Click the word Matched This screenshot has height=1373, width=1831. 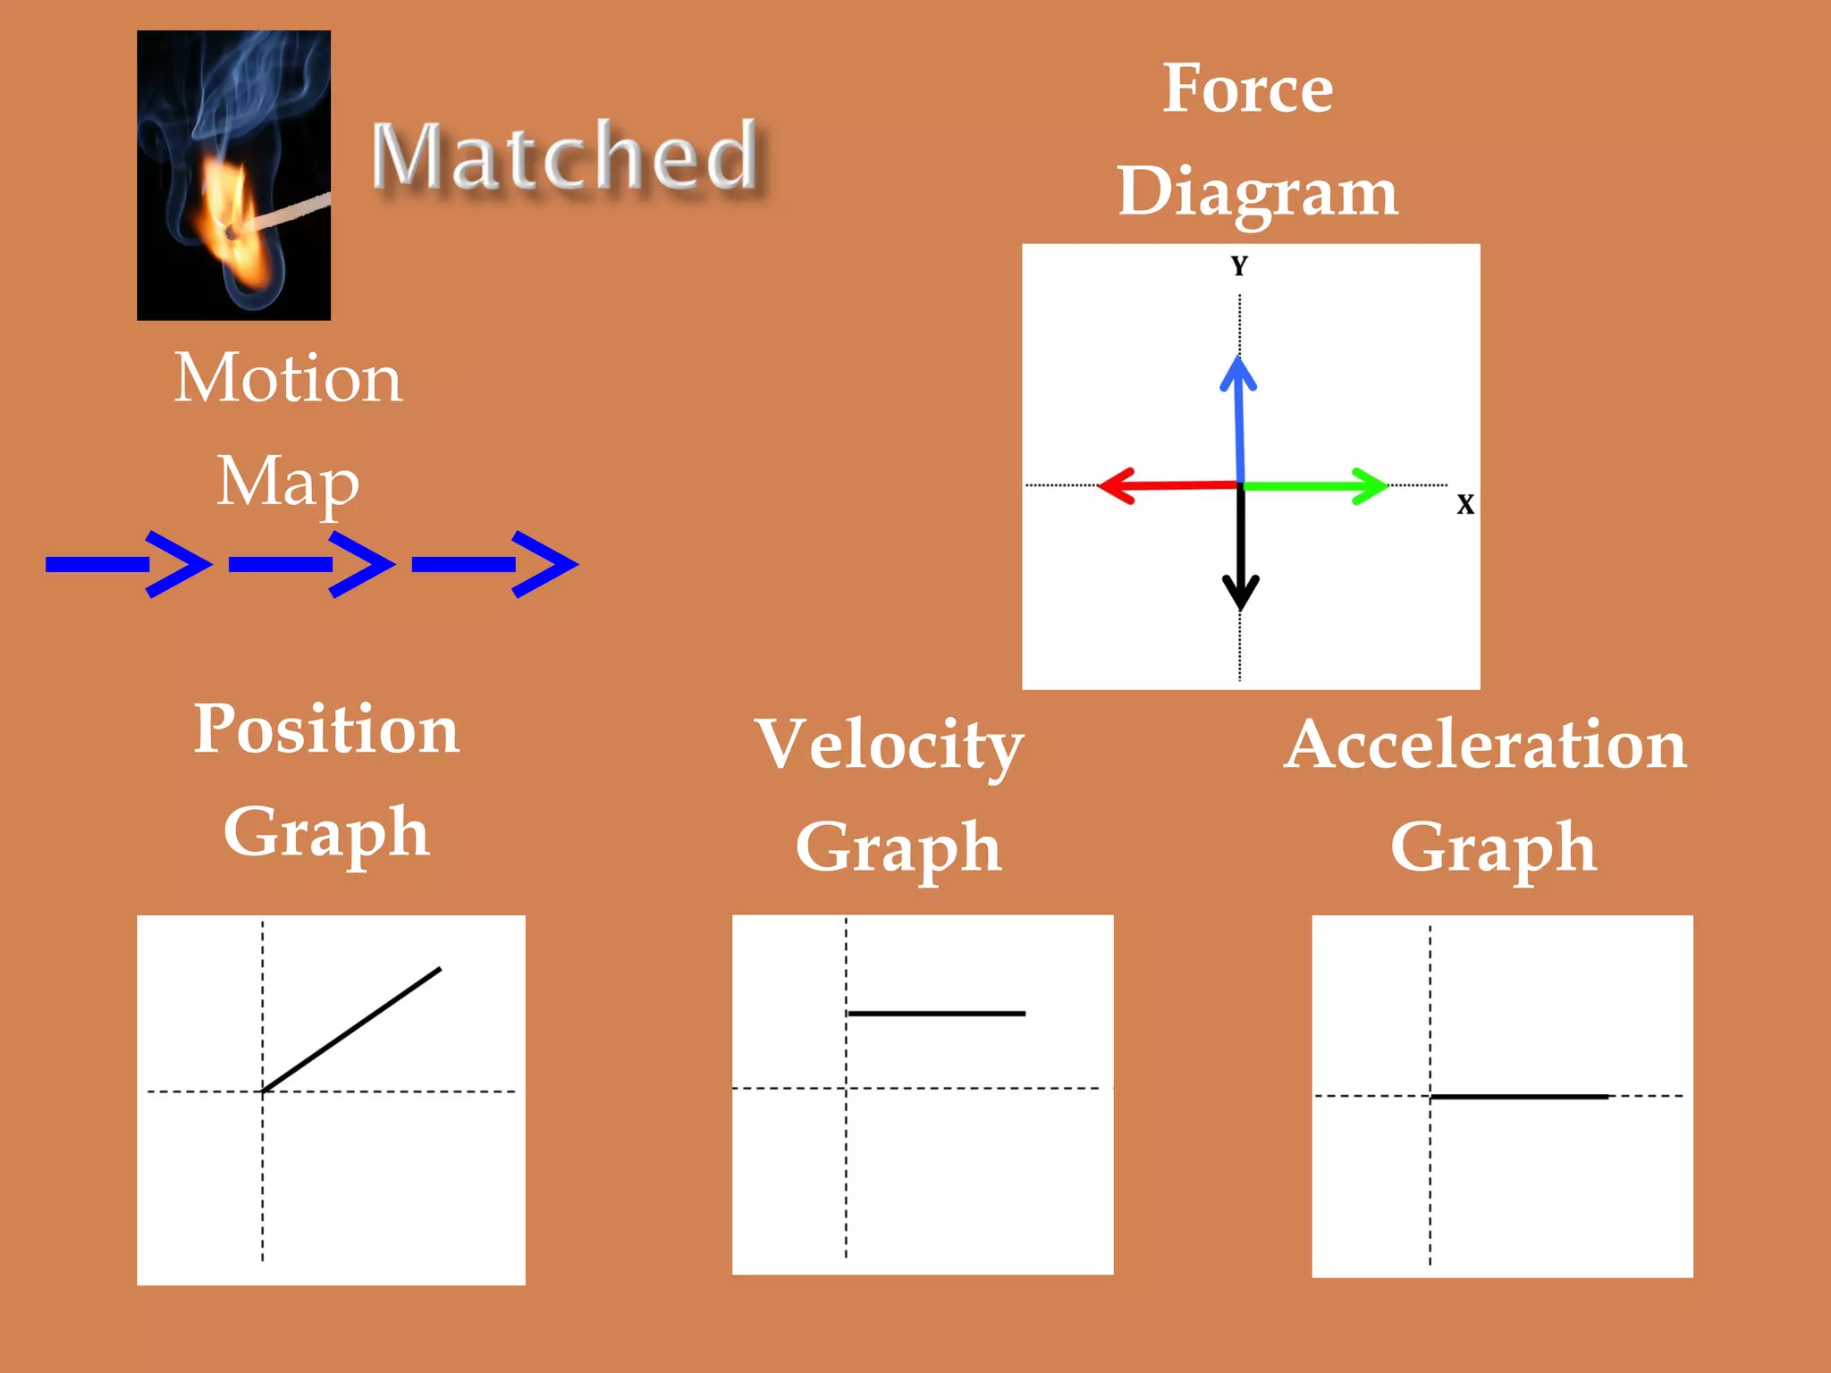(565, 156)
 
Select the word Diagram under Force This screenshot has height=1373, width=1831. (1257, 192)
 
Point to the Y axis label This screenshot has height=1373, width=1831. (1239, 266)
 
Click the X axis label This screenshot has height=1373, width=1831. (1465, 504)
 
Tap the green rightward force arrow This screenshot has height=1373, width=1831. (1314, 486)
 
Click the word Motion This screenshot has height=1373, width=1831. (288, 378)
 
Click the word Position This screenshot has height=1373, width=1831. (327, 729)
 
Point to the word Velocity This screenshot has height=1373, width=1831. (890, 744)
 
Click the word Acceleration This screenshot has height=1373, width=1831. (1485, 744)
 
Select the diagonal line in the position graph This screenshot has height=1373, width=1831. (351, 1030)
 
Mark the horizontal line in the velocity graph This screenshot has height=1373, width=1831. (936, 1014)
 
